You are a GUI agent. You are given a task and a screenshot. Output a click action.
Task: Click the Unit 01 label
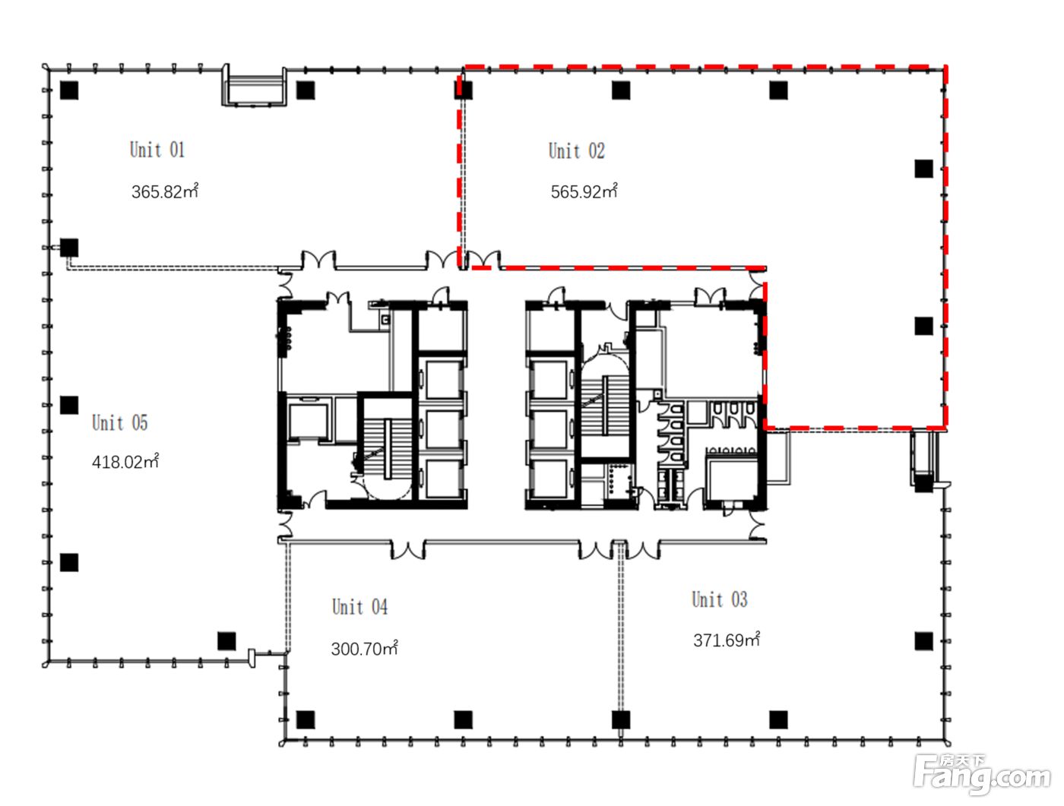[157, 150]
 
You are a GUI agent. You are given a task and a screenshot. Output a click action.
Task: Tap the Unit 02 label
[576, 150]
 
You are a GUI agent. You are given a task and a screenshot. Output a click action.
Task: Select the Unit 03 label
[720, 599]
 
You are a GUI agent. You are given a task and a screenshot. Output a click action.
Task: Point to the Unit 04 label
[359, 606]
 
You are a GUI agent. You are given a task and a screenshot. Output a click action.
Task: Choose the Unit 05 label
[120, 422]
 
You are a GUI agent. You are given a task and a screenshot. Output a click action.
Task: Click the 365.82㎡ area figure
[165, 191]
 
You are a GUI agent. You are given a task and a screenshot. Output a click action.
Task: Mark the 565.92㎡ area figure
[584, 191]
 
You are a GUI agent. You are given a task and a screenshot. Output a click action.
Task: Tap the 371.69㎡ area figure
[727, 640]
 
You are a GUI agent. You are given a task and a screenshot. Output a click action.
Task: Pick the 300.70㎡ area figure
[365, 647]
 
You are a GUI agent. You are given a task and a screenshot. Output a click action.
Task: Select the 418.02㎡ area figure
[125, 461]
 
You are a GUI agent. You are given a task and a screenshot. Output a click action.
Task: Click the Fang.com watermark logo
[983, 775]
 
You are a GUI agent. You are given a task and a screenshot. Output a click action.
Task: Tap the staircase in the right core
[605, 405]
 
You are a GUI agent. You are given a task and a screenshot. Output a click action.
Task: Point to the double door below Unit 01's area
[318, 260]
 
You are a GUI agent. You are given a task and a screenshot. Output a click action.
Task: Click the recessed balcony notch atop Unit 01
[254, 85]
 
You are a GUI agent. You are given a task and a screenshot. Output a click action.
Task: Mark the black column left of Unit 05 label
[69, 405]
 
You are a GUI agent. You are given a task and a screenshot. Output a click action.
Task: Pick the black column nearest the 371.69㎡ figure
[923, 641]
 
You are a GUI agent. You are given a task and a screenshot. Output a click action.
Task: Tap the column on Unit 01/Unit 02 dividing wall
[464, 90]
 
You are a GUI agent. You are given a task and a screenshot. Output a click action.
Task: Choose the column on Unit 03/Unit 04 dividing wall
[620, 720]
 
